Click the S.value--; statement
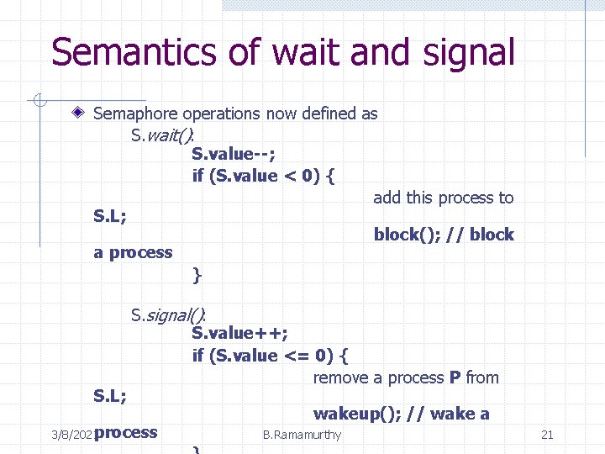pos(234,154)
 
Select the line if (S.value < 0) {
pos(264,176)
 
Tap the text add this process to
pos(443,198)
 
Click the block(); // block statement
pos(443,235)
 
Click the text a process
pos(133,252)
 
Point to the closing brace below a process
pos(197,274)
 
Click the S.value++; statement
pos(240,334)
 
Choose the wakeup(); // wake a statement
pos(401,414)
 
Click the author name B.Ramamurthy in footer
pos(302,435)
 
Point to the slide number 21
pos(547,435)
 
